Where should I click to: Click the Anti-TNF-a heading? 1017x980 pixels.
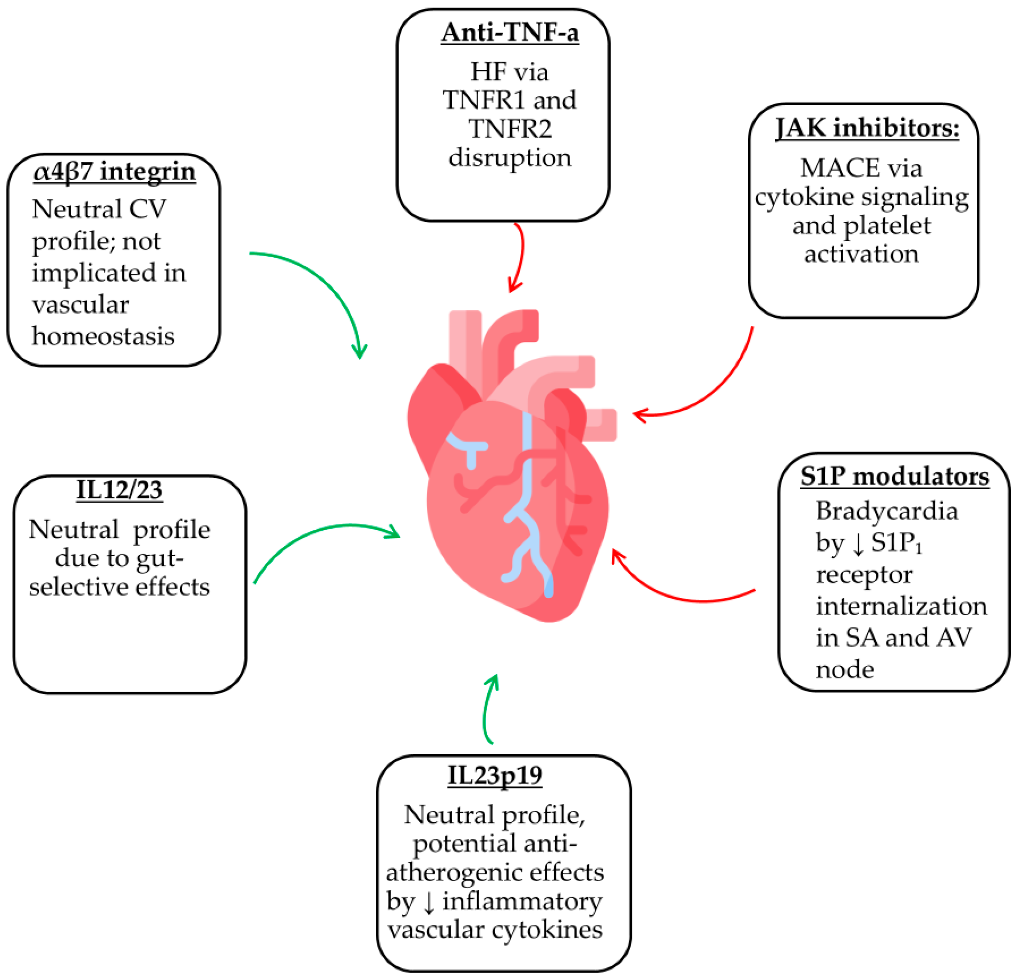(x=509, y=33)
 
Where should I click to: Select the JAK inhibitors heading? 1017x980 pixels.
(x=867, y=128)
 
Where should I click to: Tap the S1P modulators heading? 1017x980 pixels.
(x=894, y=476)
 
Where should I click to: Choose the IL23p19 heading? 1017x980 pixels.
(x=495, y=775)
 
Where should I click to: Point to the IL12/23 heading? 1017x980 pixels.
(x=119, y=489)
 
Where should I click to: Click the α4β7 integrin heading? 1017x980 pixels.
(x=115, y=171)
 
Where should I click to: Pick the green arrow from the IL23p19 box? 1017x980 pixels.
(x=487, y=711)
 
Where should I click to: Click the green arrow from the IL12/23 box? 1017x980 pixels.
(x=322, y=534)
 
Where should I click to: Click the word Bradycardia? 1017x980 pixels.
(x=887, y=511)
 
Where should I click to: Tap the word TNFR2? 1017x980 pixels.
(x=509, y=129)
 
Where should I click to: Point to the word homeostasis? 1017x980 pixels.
(x=103, y=336)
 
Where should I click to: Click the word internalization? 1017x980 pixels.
(x=901, y=606)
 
